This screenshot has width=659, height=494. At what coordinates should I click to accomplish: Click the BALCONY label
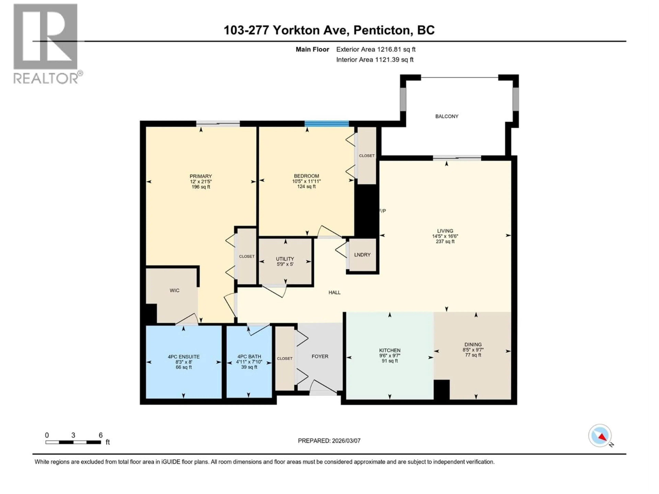pyautogui.click(x=447, y=116)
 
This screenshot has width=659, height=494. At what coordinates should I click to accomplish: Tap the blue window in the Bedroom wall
pyautogui.click(x=327, y=123)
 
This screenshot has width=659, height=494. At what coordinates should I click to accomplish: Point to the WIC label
pyautogui.click(x=175, y=290)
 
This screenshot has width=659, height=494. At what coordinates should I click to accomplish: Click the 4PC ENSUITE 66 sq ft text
pyautogui.click(x=184, y=367)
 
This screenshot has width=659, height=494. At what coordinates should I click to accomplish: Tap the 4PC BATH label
pyautogui.click(x=249, y=356)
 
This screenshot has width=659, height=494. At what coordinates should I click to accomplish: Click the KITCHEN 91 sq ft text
pyautogui.click(x=390, y=361)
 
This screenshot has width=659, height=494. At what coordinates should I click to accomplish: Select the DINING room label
pyautogui.click(x=473, y=345)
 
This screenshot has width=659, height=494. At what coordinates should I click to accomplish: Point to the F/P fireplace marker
pyautogui.click(x=383, y=211)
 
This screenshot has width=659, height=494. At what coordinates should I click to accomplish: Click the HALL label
pyautogui.click(x=334, y=292)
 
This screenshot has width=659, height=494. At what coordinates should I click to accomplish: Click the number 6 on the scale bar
pyautogui.click(x=101, y=435)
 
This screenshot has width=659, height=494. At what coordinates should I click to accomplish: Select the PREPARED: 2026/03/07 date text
pyautogui.click(x=329, y=441)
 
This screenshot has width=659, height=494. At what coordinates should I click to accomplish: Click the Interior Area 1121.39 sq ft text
pyautogui.click(x=375, y=60)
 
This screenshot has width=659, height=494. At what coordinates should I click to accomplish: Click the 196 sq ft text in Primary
pyautogui.click(x=201, y=187)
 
